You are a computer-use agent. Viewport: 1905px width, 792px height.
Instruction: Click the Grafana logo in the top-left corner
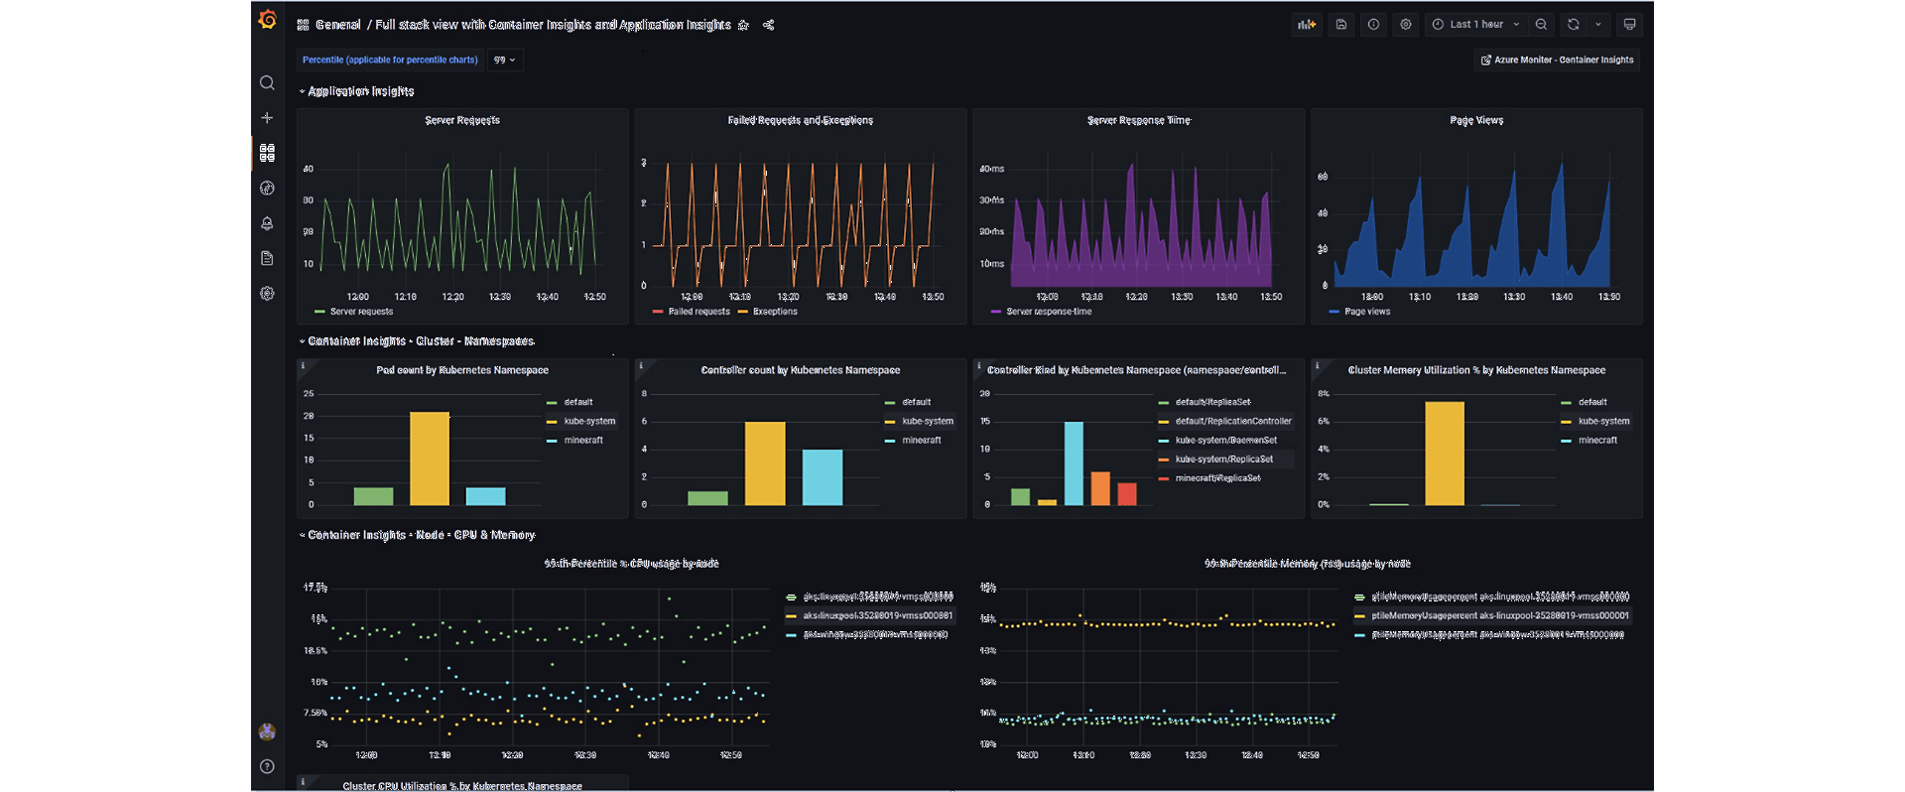(267, 20)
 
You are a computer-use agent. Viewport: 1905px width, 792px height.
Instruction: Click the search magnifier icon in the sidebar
(267, 83)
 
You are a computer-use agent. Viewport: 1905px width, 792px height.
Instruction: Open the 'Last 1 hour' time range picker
(1475, 25)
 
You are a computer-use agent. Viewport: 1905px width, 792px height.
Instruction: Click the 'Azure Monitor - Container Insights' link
(1557, 61)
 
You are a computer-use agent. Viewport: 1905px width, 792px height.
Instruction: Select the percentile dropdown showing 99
(504, 61)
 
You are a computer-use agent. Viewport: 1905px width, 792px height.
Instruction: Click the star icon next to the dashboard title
(743, 26)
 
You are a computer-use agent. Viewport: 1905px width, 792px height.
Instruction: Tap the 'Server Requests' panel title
(462, 120)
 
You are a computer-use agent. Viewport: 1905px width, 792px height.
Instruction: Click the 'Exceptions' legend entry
(774, 312)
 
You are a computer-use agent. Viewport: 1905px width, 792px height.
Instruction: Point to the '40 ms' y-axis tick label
(991, 169)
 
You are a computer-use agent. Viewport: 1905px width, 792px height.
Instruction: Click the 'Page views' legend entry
(1366, 312)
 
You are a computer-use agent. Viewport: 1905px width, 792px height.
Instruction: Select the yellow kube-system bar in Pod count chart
(430, 458)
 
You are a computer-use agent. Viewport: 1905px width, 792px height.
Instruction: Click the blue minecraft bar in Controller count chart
(823, 477)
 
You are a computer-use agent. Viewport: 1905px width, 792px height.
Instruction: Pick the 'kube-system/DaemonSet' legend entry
(1225, 441)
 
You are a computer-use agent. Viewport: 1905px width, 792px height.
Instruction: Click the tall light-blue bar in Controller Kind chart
(1074, 462)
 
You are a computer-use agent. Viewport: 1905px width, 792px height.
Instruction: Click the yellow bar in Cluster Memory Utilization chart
(1445, 453)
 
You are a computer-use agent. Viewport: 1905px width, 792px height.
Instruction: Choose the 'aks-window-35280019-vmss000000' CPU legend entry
(874, 635)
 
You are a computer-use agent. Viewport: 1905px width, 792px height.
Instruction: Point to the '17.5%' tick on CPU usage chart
(316, 589)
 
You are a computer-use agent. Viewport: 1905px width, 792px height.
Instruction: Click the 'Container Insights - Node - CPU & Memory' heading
(421, 535)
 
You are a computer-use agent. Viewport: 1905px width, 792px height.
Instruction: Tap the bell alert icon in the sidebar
(267, 223)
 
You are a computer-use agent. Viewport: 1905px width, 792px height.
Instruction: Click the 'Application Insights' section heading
(360, 91)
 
